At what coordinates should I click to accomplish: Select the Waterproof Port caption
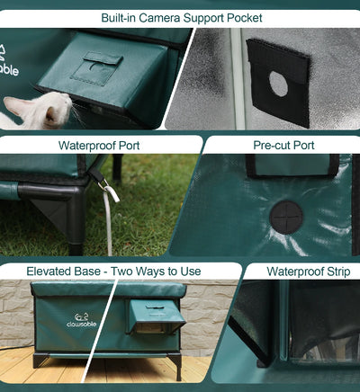click(x=99, y=144)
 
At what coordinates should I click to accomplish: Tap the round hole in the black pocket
click(x=279, y=85)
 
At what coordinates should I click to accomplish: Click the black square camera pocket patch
click(x=279, y=81)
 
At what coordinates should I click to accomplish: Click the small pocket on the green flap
click(x=96, y=68)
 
